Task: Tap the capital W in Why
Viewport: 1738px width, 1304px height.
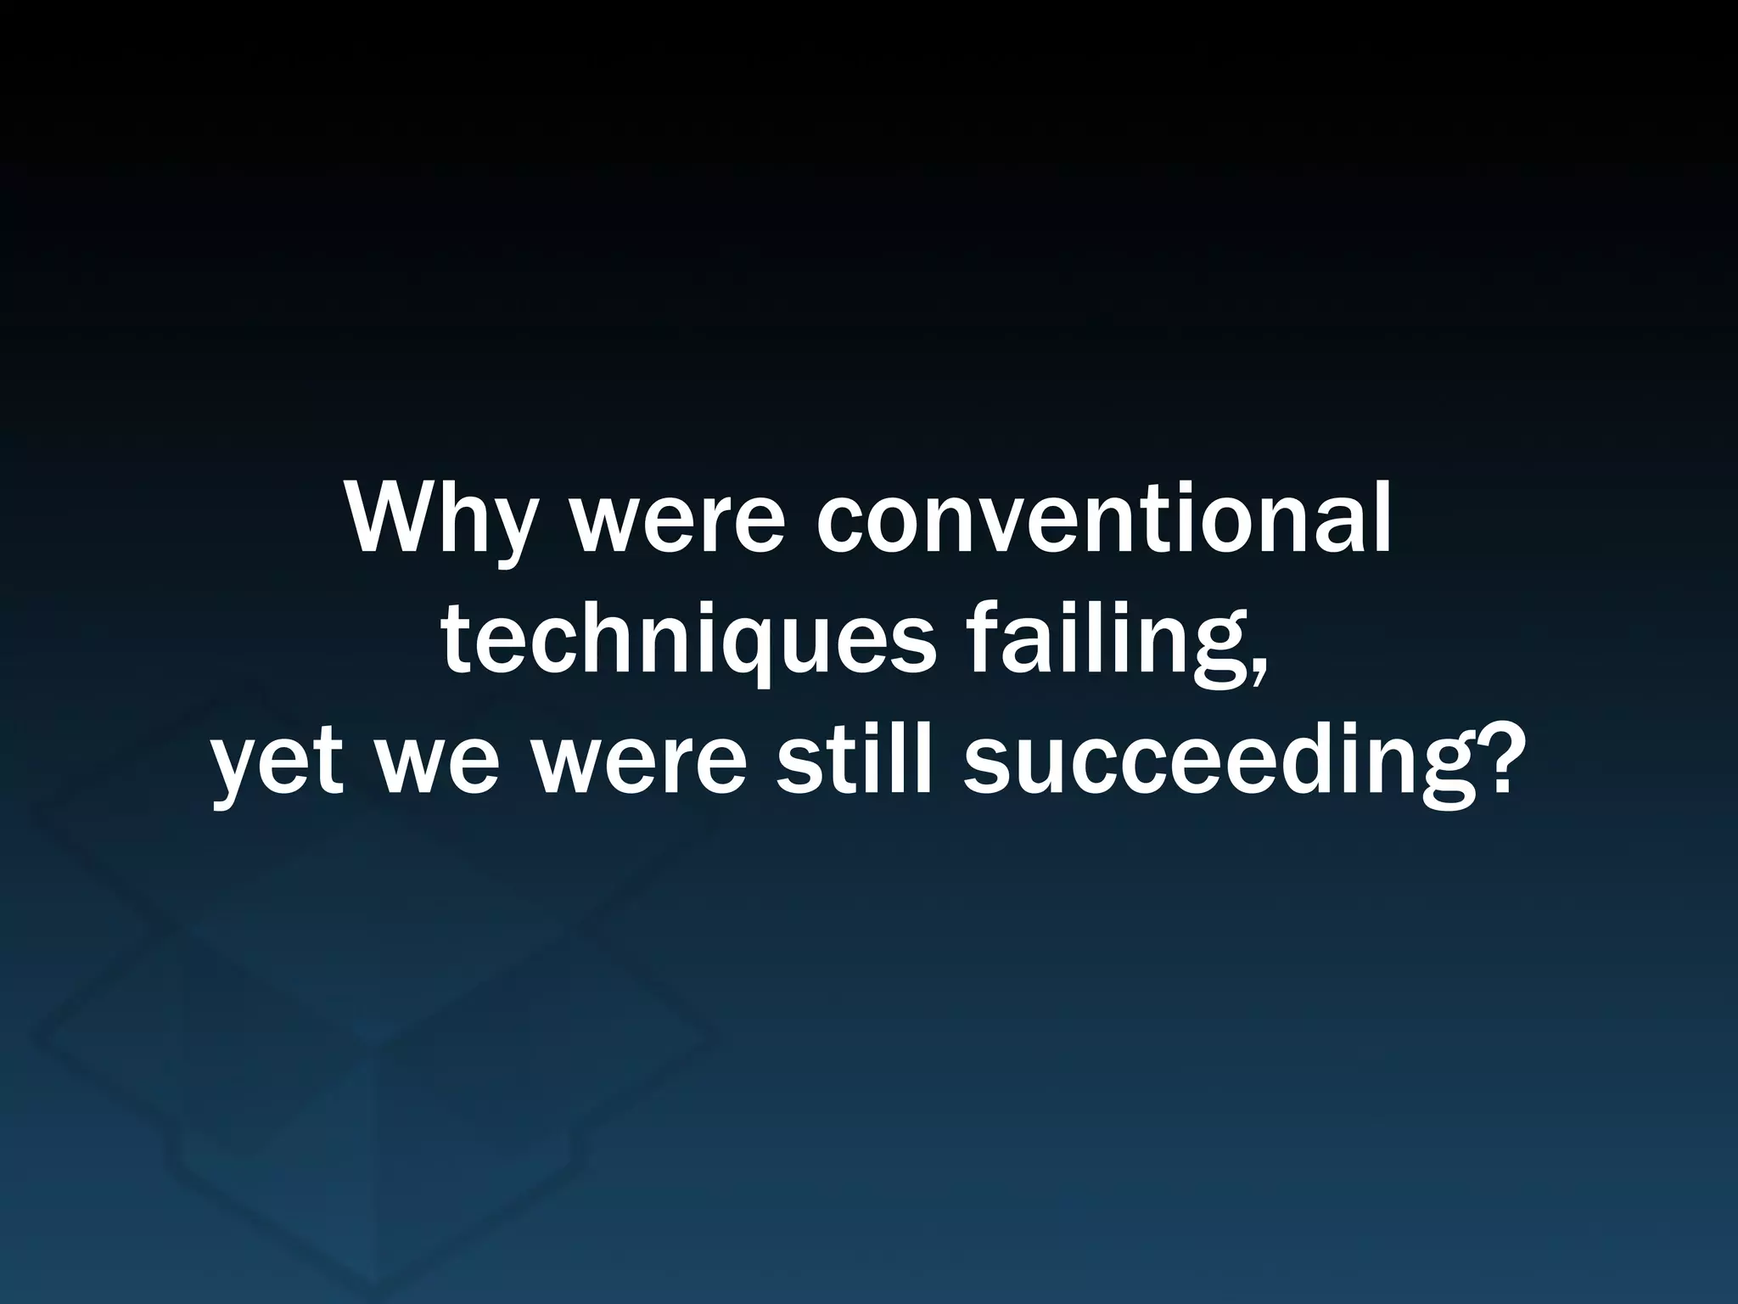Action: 394,520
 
